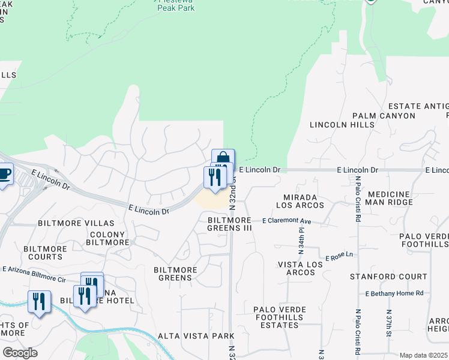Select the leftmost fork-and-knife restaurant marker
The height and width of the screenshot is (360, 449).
click(x=39, y=301)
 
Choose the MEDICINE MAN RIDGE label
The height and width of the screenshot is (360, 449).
click(x=390, y=198)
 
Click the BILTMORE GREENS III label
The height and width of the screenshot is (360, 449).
click(x=229, y=224)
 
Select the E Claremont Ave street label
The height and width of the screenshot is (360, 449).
click(x=287, y=221)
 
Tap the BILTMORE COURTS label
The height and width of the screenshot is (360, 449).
click(x=44, y=253)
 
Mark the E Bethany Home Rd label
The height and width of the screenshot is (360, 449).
click(x=394, y=293)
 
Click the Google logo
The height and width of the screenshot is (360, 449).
click(x=20, y=353)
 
